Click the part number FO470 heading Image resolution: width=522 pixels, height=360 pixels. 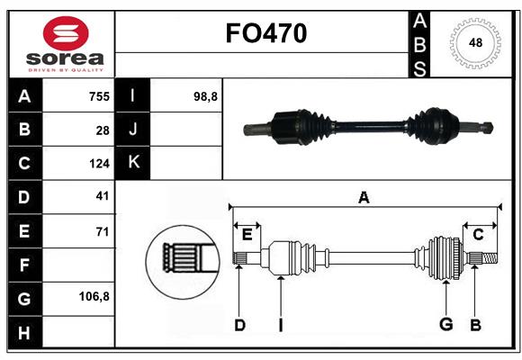[x=265, y=33]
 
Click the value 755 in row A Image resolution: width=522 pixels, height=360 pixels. [x=97, y=96]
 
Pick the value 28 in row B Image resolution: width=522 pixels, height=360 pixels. [x=102, y=130]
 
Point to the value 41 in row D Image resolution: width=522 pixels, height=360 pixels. [x=102, y=195]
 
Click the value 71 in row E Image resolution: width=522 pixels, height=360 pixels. [x=102, y=231]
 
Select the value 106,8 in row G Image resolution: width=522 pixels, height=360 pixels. [x=94, y=296]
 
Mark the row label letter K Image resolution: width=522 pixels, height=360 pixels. [x=133, y=163]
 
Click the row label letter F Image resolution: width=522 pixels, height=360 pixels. [x=24, y=265]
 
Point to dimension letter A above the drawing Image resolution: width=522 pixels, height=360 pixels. [x=364, y=197]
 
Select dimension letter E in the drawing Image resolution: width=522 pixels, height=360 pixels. [x=247, y=235]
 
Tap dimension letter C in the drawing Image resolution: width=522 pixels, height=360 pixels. [x=478, y=235]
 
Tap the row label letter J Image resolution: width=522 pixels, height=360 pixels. [x=133, y=130]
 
